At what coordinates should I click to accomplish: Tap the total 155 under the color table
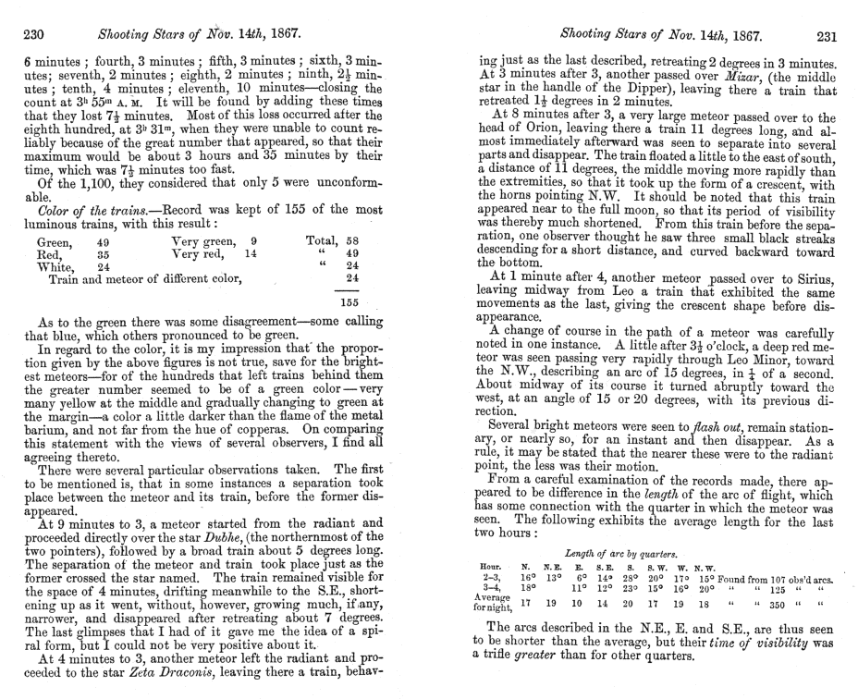(349, 300)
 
